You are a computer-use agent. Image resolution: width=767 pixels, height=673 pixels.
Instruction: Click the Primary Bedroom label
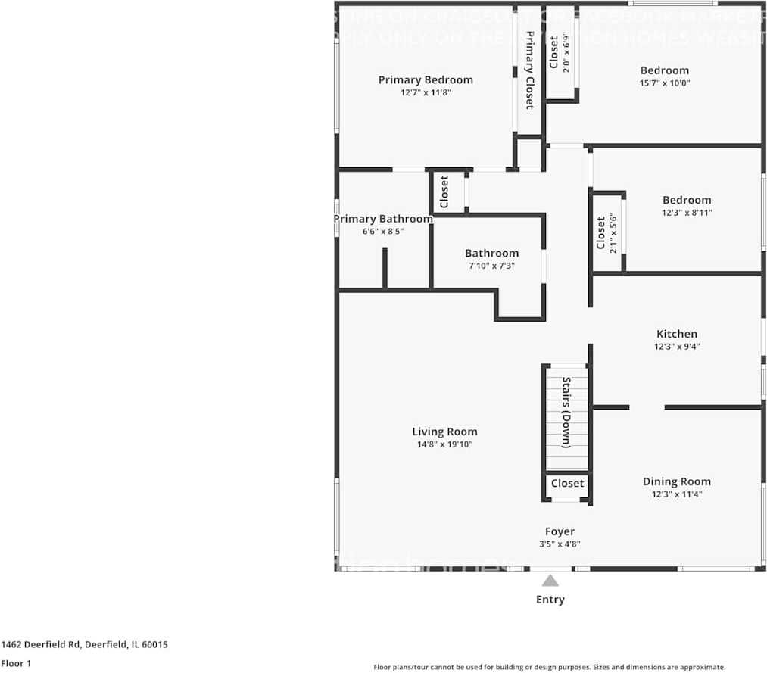[x=426, y=79]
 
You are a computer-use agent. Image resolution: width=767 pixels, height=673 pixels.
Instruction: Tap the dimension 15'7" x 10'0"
[x=664, y=83]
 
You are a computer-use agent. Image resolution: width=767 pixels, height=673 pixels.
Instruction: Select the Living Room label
[x=444, y=432]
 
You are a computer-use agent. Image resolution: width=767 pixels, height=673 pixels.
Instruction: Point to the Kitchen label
[x=676, y=334]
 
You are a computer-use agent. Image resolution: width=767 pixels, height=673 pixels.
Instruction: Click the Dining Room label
[x=676, y=481]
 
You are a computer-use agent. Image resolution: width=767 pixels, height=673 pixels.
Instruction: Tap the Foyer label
[x=560, y=531]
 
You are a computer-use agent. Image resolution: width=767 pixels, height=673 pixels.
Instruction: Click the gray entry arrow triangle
[x=550, y=581]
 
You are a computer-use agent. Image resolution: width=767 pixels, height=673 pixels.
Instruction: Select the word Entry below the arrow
[x=550, y=600]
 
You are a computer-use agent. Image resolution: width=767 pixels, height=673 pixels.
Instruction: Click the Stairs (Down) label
[x=566, y=412]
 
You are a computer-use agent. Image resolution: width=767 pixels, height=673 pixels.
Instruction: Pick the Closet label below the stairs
[x=567, y=483]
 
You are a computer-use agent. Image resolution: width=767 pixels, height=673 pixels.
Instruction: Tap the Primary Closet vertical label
[x=530, y=72]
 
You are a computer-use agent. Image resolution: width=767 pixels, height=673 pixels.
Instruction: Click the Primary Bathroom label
[x=383, y=219]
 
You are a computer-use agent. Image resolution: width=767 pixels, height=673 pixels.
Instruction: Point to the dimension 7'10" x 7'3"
[x=491, y=266]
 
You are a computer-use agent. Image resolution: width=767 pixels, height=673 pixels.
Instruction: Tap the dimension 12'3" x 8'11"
[x=687, y=213]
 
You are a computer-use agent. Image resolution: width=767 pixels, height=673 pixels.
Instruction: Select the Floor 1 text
[x=15, y=663]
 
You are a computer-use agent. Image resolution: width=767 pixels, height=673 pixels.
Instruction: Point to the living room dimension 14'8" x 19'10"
[x=444, y=444]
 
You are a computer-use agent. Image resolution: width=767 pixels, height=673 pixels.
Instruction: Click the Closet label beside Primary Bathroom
[x=444, y=192]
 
